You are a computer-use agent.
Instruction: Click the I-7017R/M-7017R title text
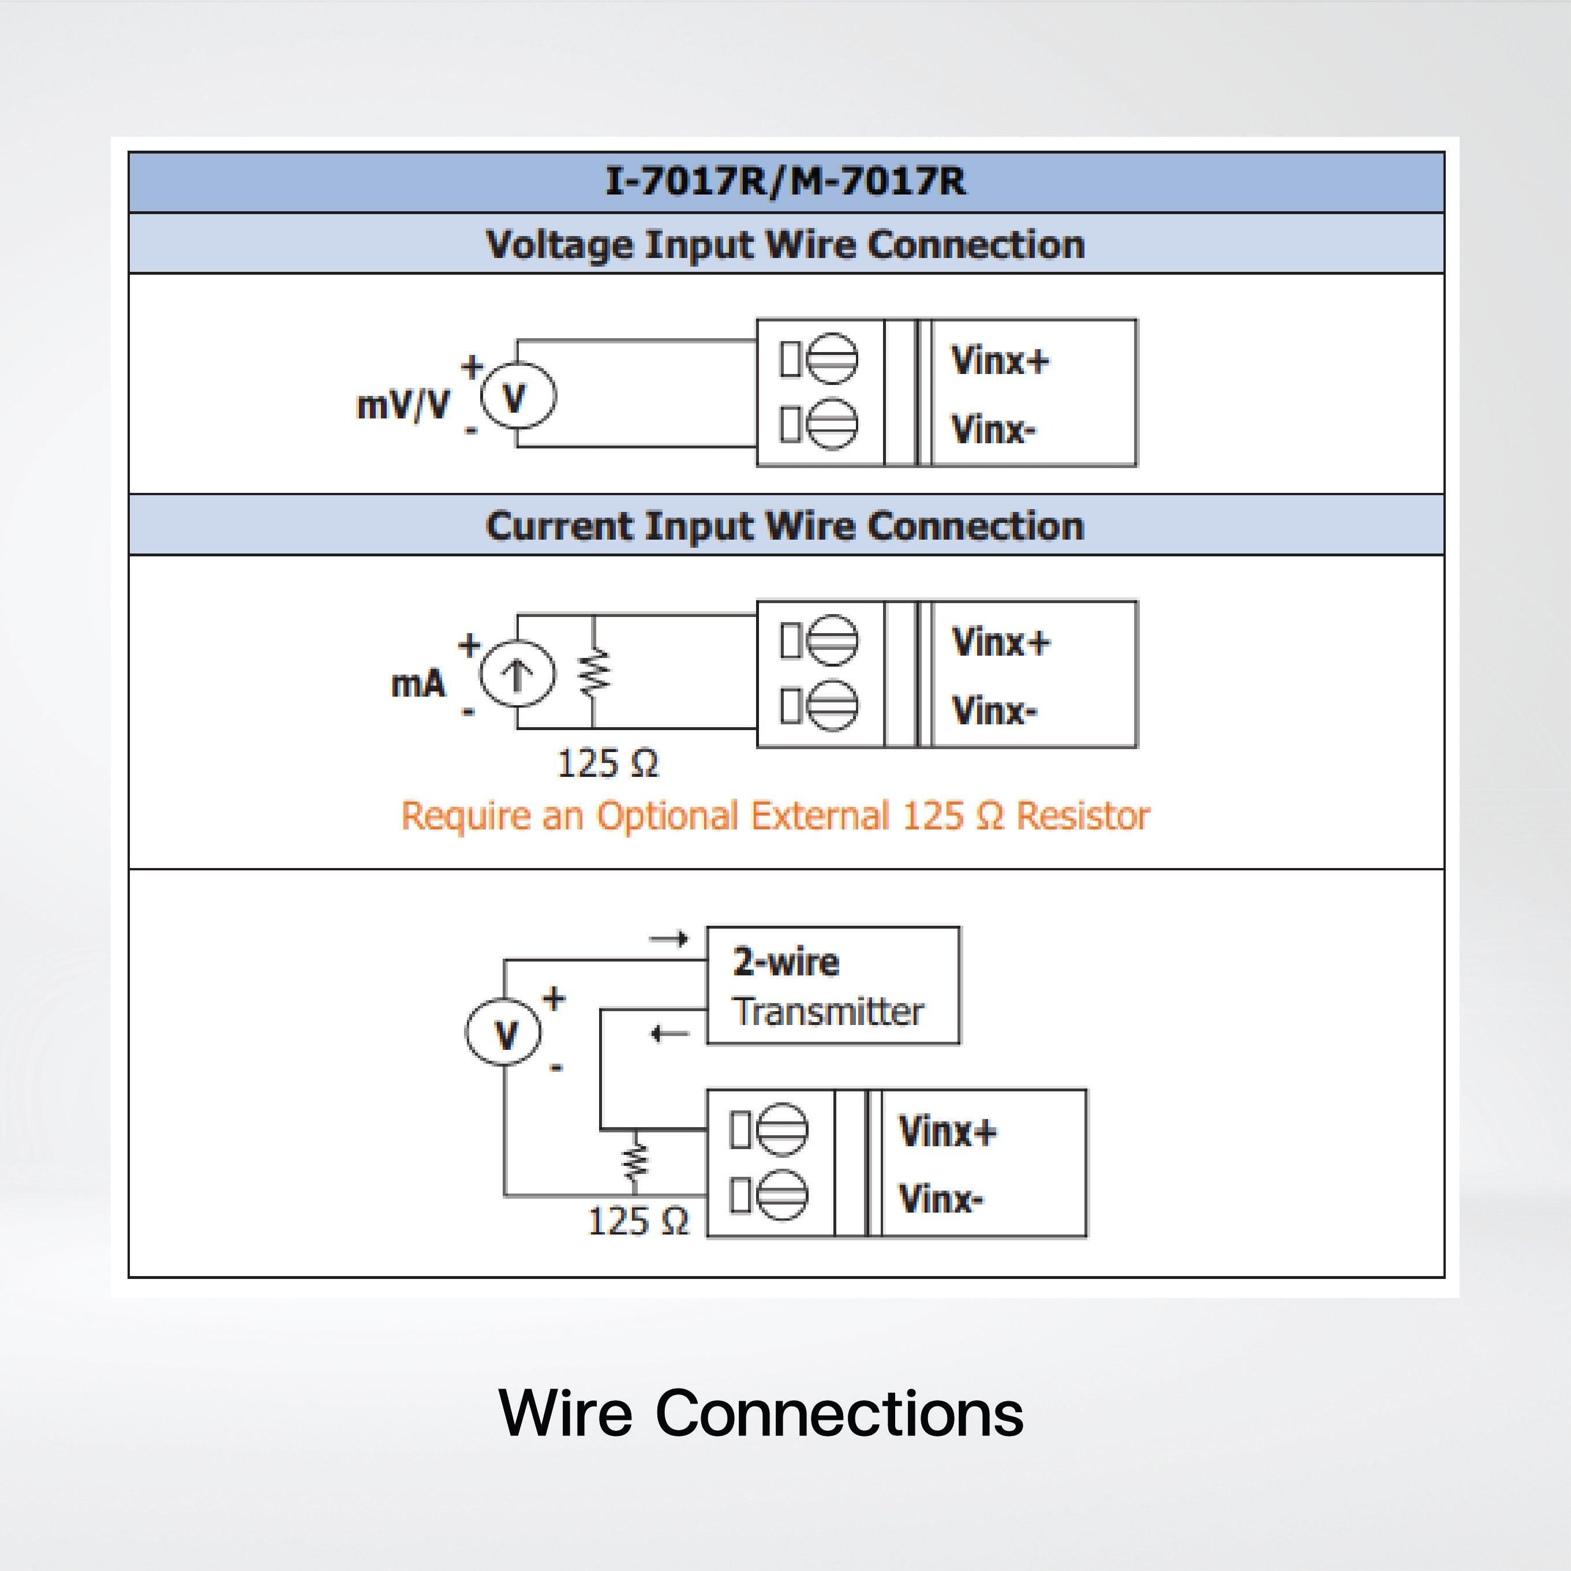pos(785,181)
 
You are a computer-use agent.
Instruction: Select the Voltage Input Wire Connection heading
pos(785,244)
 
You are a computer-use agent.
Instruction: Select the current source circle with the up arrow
pos(518,675)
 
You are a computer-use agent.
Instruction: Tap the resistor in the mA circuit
pos(594,672)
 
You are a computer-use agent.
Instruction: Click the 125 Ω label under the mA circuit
pos(607,764)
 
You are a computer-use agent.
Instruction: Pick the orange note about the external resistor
pos(776,816)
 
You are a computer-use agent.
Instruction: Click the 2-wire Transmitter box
pos(833,986)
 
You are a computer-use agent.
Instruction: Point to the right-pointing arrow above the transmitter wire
pos(669,939)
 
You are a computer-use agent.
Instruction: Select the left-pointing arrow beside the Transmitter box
pos(670,1034)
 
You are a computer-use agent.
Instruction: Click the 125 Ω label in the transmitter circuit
pos(638,1221)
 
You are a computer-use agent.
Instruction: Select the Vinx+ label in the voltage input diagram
pos(1000,360)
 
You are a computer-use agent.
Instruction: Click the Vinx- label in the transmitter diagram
pos(941,1199)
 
